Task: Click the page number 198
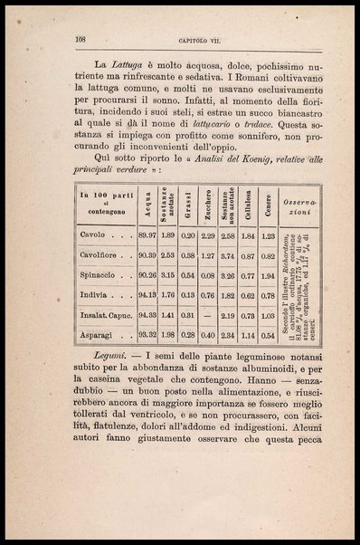[x=80, y=40]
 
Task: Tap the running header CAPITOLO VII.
[x=190, y=40]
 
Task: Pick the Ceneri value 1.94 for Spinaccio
[x=267, y=274]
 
